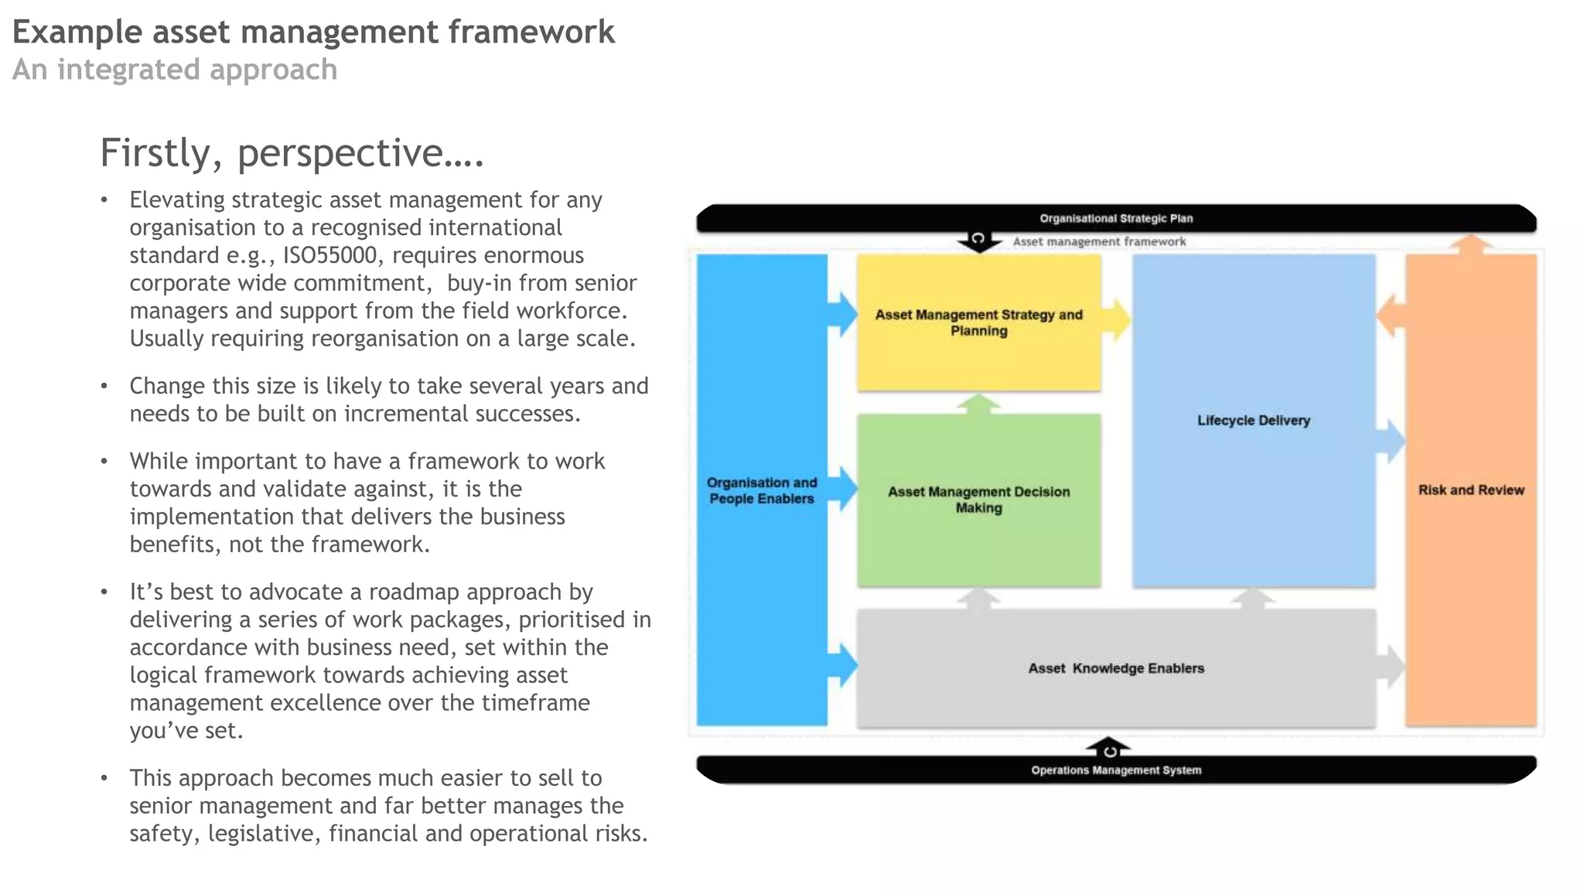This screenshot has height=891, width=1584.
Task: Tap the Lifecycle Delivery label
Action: tap(1253, 421)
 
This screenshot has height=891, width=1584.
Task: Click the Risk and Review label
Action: tap(1470, 490)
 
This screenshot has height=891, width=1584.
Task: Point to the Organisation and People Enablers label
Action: tap(762, 490)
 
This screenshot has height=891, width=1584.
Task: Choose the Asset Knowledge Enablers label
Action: tap(1115, 668)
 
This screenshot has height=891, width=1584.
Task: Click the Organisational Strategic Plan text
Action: tap(1115, 219)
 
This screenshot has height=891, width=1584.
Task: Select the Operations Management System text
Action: tap(1115, 770)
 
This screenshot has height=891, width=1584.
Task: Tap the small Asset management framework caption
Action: tap(1098, 242)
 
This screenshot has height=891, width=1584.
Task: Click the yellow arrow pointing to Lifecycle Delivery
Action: tap(1117, 320)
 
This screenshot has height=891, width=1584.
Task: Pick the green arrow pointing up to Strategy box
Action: tap(978, 403)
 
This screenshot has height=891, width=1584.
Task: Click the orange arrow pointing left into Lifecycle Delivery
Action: tap(1391, 316)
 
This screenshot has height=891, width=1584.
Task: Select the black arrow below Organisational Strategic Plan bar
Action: tap(978, 242)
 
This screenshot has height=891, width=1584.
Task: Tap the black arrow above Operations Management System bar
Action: tap(1108, 747)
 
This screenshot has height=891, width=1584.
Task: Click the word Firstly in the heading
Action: tap(155, 153)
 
